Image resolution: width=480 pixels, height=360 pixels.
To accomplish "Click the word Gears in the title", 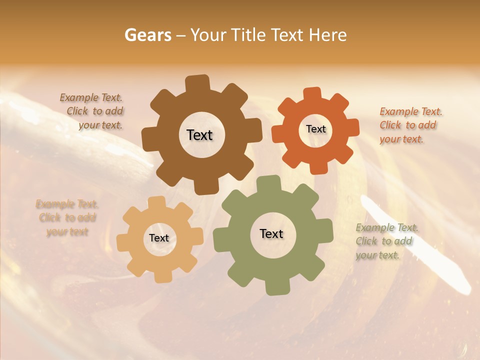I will pos(147,35).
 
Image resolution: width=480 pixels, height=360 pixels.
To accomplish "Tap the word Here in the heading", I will pos(327,35).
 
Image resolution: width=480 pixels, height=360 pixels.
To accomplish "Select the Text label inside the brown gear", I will pos(199,135).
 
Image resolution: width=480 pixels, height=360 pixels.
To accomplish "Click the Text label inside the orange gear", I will pos(315,129).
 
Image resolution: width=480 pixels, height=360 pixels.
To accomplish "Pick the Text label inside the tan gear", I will pos(159,238).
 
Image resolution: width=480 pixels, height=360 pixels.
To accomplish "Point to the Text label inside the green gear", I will pos(271,234).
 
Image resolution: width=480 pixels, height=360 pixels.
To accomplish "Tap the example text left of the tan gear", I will pos(67,217).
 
